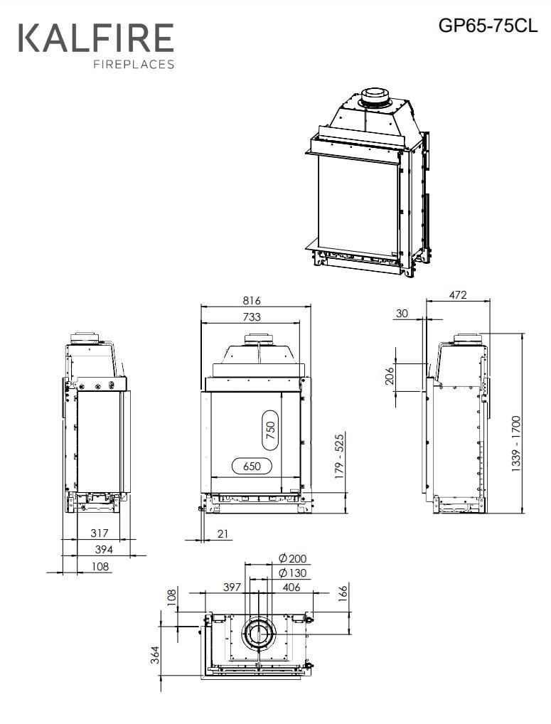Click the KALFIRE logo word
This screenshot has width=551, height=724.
click(95, 38)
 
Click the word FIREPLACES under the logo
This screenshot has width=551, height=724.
click(134, 65)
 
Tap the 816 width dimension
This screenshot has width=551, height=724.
click(252, 301)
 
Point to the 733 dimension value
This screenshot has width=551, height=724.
click(252, 316)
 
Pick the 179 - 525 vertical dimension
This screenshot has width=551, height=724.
click(340, 454)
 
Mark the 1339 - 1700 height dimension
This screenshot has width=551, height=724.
click(516, 442)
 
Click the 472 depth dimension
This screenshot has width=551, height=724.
click(458, 294)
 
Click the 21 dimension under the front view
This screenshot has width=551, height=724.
click(224, 534)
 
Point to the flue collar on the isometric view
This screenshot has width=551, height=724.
click(374, 97)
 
